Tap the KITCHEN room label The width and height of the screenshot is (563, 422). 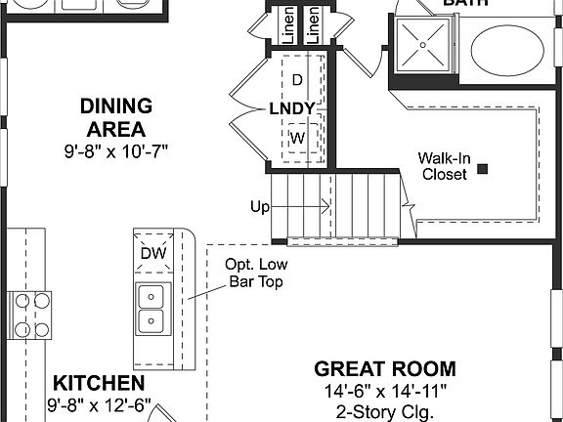pos(99,383)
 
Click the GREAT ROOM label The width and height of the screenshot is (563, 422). pos(384,368)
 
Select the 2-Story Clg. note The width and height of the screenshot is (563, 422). pos(384,412)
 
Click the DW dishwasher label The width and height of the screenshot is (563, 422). pos(152,254)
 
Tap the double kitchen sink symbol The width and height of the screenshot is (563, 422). pos(152,307)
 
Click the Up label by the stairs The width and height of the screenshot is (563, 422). pos(260,207)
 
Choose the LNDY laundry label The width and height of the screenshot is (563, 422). pos(292,107)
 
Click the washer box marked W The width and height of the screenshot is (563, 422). pos(298,138)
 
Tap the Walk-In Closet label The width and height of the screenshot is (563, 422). pos(444,166)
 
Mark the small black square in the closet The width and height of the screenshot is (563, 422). pos(483,169)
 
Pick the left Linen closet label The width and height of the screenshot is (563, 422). pos(288,25)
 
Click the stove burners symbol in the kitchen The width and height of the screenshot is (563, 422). pos(30,314)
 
